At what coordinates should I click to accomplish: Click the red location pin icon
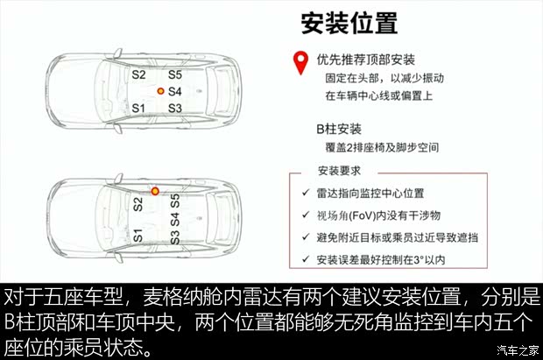pyautogui.click(x=300, y=61)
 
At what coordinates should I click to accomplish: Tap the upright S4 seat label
pyautogui.click(x=174, y=91)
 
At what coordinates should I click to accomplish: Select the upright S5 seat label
pyautogui.click(x=174, y=75)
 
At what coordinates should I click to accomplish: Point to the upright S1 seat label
pyautogui.click(x=138, y=108)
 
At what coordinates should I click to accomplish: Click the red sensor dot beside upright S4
pyautogui.click(x=160, y=91)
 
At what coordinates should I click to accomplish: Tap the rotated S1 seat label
pyautogui.click(x=138, y=235)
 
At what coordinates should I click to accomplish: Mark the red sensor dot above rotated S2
pyautogui.click(x=155, y=190)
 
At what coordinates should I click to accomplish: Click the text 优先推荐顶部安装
pyautogui.click(x=365, y=60)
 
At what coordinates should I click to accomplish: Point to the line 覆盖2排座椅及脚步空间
pyautogui.click(x=377, y=148)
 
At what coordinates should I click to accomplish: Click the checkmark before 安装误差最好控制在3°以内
pyautogui.click(x=303, y=259)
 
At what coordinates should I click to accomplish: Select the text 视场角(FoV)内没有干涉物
pyautogui.click(x=377, y=215)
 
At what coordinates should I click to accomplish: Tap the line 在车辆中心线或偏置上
pyautogui.click(x=378, y=95)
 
